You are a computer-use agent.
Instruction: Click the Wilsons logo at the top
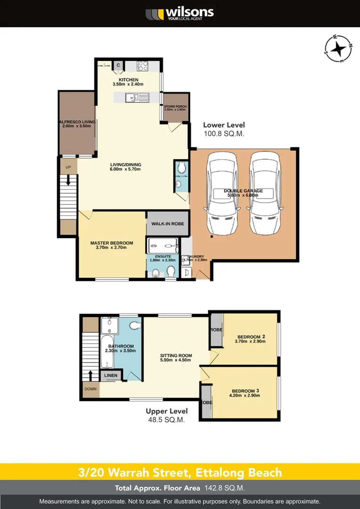click(x=180, y=13)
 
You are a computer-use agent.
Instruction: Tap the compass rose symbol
click(x=339, y=49)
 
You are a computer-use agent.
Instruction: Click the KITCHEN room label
click(x=128, y=80)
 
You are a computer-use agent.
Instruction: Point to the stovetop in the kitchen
click(x=143, y=66)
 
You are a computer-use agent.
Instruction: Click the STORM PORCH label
click(x=175, y=107)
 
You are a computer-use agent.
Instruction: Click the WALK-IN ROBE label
click(x=168, y=224)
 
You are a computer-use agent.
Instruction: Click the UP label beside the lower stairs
click(x=68, y=167)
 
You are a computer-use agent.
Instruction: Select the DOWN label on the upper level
click(x=90, y=389)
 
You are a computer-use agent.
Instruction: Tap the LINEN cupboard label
click(x=111, y=376)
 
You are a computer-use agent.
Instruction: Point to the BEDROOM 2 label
click(x=251, y=337)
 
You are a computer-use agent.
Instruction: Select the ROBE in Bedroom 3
click(x=206, y=402)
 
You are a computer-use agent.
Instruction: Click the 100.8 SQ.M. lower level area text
click(x=224, y=134)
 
